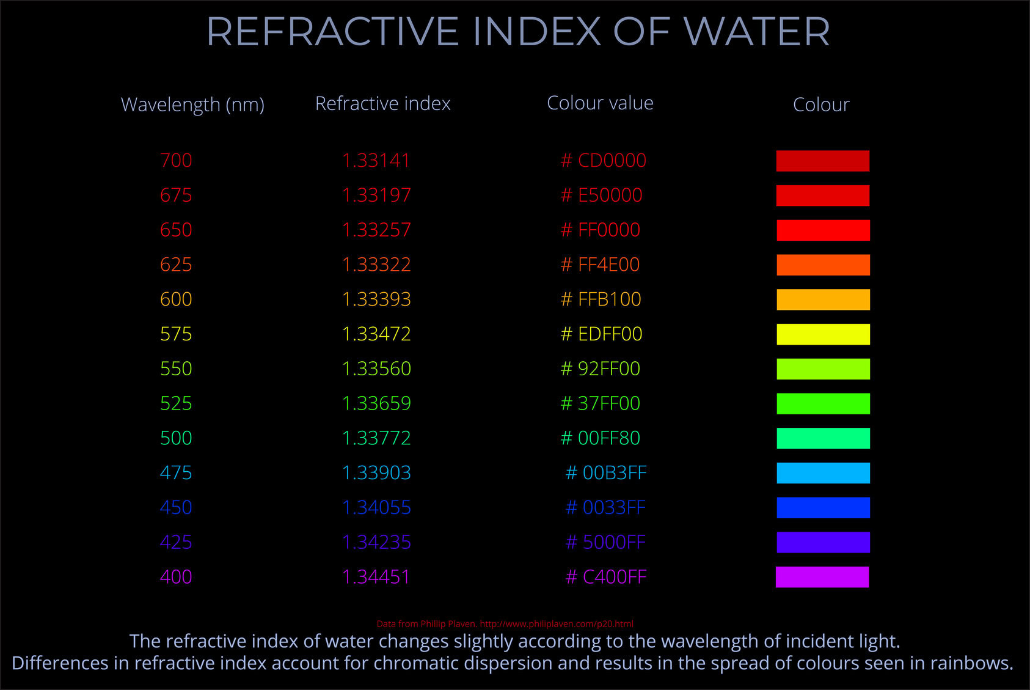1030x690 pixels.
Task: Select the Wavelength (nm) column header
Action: click(192, 105)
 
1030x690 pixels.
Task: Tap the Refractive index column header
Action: click(382, 104)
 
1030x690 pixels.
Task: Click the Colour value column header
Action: click(600, 103)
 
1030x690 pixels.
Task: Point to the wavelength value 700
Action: click(176, 161)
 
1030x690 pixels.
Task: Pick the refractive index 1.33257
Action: click(376, 230)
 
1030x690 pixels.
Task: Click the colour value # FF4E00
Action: click(600, 265)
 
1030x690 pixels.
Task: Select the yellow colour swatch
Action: click(823, 334)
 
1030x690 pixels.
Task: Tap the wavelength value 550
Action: click(176, 369)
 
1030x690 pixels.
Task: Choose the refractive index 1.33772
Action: click(376, 438)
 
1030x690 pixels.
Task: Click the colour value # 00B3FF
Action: click(605, 473)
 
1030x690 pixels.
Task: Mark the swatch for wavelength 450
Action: click(823, 508)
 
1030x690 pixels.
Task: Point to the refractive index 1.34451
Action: click(376, 577)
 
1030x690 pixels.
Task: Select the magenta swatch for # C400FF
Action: click(822, 577)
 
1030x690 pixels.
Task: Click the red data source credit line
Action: click(505, 624)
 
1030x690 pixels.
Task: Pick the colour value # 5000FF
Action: click(605, 543)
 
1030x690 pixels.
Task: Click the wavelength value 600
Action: click(176, 299)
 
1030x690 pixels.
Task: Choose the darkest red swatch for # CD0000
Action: click(823, 161)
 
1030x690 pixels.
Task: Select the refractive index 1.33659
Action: click(376, 403)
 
